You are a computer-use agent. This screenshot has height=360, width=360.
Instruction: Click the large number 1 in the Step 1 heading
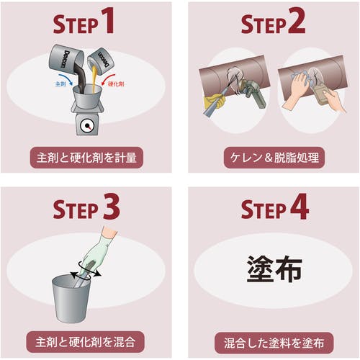pyautogui.click(x=107, y=20)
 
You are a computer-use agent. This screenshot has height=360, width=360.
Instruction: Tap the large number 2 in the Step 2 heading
pyautogui.click(x=297, y=20)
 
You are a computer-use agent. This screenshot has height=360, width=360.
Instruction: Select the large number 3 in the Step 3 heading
pyautogui.click(x=111, y=207)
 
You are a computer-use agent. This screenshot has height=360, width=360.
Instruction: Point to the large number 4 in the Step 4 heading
pyautogui.click(x=300, y=207)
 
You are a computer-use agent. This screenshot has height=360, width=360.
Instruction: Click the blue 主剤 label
pyautogui.click(x=60, y=84)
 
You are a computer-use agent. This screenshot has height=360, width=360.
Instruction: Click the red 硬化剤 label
pyautogui.click(x=116, y=84)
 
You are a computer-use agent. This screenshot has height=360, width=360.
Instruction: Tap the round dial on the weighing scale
pyautogui.click(x=86, y=126)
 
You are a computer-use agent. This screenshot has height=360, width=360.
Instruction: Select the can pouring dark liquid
pyautogui.click(x=66, y=60)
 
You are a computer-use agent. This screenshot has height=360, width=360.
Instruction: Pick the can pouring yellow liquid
pyautogui.click(x=100, y=61)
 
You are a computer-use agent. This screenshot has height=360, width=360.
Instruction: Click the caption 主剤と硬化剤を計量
pyautogui.click(x=86, y=158)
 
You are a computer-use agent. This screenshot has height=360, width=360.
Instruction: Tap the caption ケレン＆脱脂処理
pyautogui.click(x=274, y=158)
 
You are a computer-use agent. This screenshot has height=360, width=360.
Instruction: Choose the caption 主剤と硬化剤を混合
pyautogui.click(x=85, y=342)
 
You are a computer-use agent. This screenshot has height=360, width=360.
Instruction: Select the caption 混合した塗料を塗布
pyautogui.click(x=274, y=343)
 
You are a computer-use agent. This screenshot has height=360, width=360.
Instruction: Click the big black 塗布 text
pyautogui.click(x=274, y=269)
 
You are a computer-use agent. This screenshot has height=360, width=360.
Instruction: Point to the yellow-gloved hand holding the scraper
pyautogui.click(x=214, y=102)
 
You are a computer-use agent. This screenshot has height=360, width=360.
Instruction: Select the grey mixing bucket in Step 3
pyautogui.click(x=71, y=299)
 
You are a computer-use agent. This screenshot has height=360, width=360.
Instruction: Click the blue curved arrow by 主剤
pyautogui.click(x=68, y=80)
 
